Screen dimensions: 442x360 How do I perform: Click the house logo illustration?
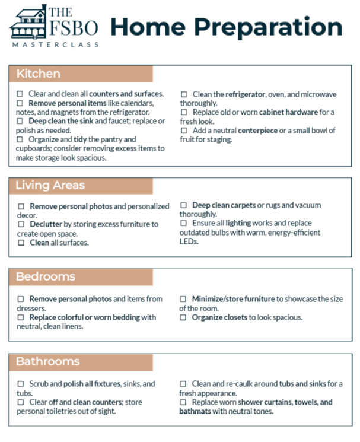(x=27, y=23)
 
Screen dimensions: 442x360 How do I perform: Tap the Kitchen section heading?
(x=38, y=74)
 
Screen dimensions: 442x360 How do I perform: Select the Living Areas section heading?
(x=50, y=185)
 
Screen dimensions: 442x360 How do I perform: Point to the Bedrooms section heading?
(x=46, y=277)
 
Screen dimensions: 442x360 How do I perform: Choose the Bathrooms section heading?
(x=47, y=361)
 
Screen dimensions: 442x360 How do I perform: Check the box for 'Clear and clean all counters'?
(x=20, y=94)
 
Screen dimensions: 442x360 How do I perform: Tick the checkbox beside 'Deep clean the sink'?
(x=20, y=120)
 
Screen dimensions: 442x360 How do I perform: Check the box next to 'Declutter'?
(x=21, y=224)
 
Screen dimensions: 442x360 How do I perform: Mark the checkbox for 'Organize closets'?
(x=183, y=317)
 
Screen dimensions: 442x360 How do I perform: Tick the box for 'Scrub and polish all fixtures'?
(x=21, y=384)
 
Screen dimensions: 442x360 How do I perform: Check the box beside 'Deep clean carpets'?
(x=183, y=205)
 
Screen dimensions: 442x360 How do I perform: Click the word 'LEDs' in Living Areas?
(x=189, y=241)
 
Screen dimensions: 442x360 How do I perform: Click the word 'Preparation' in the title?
(x=270, y=27)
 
